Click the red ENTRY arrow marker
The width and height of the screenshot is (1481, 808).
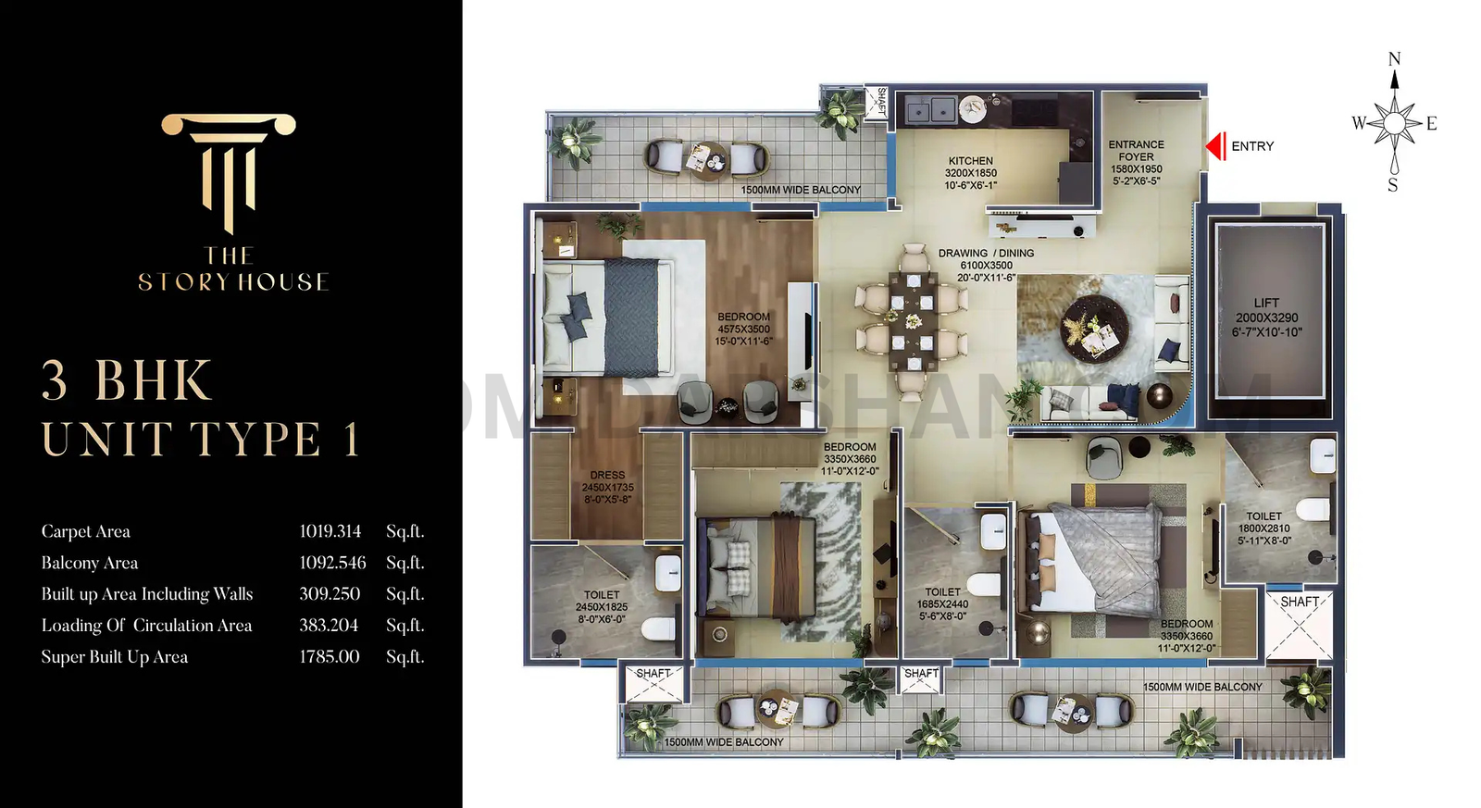click(x=1215, y=146)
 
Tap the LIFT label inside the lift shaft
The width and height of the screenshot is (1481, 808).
click(x=1266, y=303)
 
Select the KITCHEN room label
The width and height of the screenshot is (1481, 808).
click(x=970, y=161)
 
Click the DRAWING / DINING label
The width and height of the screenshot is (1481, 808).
click(x=986, y=253)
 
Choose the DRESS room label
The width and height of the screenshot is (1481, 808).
click(x=607, y=475)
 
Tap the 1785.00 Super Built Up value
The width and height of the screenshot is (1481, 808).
click(x=329, y=657)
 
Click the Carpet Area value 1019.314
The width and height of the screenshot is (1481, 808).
click(x=330, y=531)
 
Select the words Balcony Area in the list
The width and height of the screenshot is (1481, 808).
click(x=90, y=563)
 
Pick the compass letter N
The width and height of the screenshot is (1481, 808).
click(x=1394, y=59)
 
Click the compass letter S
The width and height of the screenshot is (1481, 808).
click(x=1392, y=185)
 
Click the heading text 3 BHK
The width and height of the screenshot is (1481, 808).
click(x=127, y=380)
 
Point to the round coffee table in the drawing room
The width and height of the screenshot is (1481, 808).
click(x=1094, y=329)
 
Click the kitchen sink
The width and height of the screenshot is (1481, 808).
click(x=930, y=110)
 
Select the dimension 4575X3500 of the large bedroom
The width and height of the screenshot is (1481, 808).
click(x=743, y=329)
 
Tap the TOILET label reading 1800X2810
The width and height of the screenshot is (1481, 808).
click(x=1263, y=516)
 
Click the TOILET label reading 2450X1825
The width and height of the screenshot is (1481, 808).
click(x=602, y=595)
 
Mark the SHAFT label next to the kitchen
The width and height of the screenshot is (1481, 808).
click(x=881, y=101)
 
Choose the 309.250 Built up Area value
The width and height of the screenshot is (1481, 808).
click(x=330, y=594)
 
